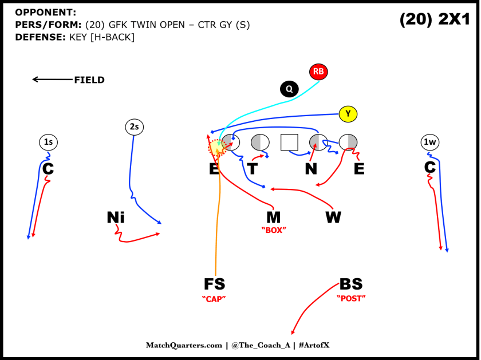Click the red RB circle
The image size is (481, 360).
318,72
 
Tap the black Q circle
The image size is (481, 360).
289,89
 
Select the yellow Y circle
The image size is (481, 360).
348,114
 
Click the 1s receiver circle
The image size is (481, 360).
49,142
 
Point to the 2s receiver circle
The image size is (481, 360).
134,127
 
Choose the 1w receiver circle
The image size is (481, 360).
429,142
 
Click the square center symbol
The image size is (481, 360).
289,142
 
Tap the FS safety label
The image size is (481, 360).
214,284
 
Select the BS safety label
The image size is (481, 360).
350,284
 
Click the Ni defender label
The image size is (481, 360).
116,217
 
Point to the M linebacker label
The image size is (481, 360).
273,217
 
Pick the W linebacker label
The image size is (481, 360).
333,217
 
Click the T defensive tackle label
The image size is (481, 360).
253,169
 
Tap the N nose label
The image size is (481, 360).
310,169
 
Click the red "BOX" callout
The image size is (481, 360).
273,230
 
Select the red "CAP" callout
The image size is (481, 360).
214,298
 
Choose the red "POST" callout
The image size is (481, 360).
350,298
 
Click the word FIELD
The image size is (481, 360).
89,80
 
